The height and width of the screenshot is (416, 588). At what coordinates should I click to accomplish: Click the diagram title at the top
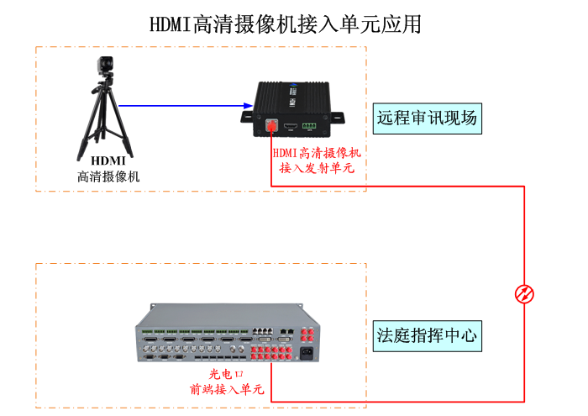286,24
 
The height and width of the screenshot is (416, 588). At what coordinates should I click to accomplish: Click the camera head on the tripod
105,66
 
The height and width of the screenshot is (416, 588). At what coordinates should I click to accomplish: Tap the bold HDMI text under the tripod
108,161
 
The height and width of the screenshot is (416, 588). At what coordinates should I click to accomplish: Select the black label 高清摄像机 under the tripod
108,176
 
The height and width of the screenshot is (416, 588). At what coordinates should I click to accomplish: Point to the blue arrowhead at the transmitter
249,106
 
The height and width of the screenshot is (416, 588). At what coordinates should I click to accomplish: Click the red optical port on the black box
271,126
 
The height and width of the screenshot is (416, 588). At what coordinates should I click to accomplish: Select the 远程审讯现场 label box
428,118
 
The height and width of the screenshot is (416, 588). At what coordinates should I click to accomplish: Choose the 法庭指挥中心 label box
428,336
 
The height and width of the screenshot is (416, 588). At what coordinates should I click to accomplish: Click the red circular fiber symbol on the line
524,293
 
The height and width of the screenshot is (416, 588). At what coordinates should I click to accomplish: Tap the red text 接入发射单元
317,167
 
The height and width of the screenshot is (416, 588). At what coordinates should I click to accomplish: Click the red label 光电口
226,373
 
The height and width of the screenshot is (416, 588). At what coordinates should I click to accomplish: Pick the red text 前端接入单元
226,388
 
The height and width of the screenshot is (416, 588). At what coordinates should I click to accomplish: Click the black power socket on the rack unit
306,352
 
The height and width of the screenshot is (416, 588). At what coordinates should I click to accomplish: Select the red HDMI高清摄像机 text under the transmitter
317,152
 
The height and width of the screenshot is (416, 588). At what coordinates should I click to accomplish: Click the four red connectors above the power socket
307,334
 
